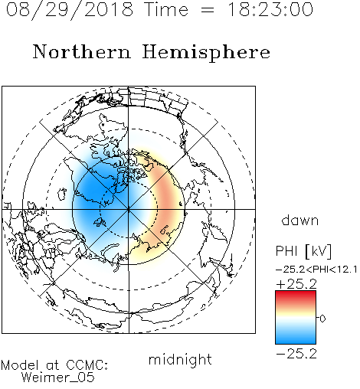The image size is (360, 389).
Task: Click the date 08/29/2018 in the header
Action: pos(70,10)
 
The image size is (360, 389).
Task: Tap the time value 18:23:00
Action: pos(270,9)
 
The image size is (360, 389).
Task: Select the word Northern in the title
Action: pos(82,51)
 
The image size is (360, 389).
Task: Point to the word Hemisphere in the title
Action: pos(206,53)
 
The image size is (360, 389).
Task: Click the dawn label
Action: pos(300,220)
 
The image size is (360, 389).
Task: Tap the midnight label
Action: pos(180,359)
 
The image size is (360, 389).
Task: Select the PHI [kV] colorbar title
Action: pos(303,251)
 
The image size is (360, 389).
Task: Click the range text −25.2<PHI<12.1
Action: pos(316,270)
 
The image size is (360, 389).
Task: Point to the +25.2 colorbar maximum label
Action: pos(296,284)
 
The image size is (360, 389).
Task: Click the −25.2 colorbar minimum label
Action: pos(296,354)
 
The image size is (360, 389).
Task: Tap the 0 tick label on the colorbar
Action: pos(322,319)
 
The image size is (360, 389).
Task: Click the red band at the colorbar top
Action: pos(296,296)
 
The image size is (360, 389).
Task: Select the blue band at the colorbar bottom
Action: pos(296,338)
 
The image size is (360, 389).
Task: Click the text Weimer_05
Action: pos(58,378)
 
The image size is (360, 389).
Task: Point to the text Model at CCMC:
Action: pos(54,365)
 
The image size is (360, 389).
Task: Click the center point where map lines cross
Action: pos(129,210)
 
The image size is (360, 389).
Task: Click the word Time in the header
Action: pos(166,9)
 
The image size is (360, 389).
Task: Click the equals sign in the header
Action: pos(208,10)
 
